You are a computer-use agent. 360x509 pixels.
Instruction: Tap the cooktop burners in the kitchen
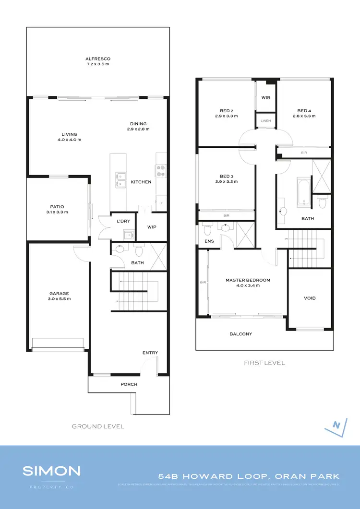160,168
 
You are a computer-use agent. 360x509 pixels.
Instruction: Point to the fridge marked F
162,204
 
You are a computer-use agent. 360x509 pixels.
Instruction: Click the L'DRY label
124,221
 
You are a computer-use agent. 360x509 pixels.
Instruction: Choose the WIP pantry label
152,227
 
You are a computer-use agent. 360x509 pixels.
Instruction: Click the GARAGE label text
60,293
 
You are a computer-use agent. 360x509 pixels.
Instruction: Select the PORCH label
129,384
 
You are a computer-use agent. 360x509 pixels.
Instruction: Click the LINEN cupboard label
266,121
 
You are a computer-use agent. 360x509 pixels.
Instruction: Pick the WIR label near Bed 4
266,97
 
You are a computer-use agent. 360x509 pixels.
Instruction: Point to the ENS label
209,241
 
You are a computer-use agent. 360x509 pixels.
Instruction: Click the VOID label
310,298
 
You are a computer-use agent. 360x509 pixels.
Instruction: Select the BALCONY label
240,334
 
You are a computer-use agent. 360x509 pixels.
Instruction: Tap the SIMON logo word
51,471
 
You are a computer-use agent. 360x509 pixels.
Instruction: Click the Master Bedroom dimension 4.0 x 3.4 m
248,285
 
